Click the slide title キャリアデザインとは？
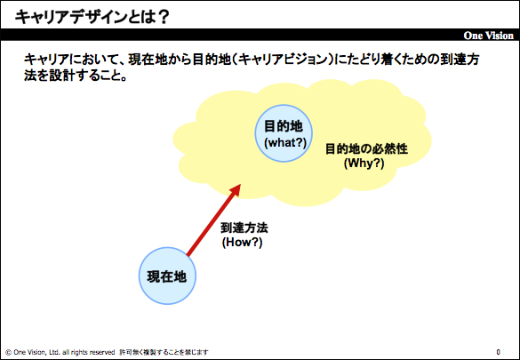pyautogui.click(x=92, y=17)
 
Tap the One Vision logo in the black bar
pyautogui.click(x=489, y=36)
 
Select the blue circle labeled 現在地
pyautogui.click(x=167, y=276)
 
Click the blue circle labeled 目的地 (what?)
pyautogui.click(x=284, y=133)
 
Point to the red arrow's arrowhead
pyautogui.click(x=235, y=190)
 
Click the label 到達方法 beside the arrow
pyautogui.click(x=244, y=228)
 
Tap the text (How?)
pyautogui.click(x=242, y=243)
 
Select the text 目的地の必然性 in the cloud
pyautogui.click(x=366, y=148)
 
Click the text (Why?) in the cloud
pyautogui.click(x=364, y=164)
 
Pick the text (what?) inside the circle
pyautogui.click(x=285, y=142)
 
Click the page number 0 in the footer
pyautogui.click(x=498, y=352)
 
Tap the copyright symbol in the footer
pyautogui.click(x=9, y=352)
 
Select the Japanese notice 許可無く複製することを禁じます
pyautogui.click(x=164, y=352)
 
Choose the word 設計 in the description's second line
pyautogui.click(x=61, y=76)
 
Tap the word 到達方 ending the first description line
pyautogui.click(x=460, y=60)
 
